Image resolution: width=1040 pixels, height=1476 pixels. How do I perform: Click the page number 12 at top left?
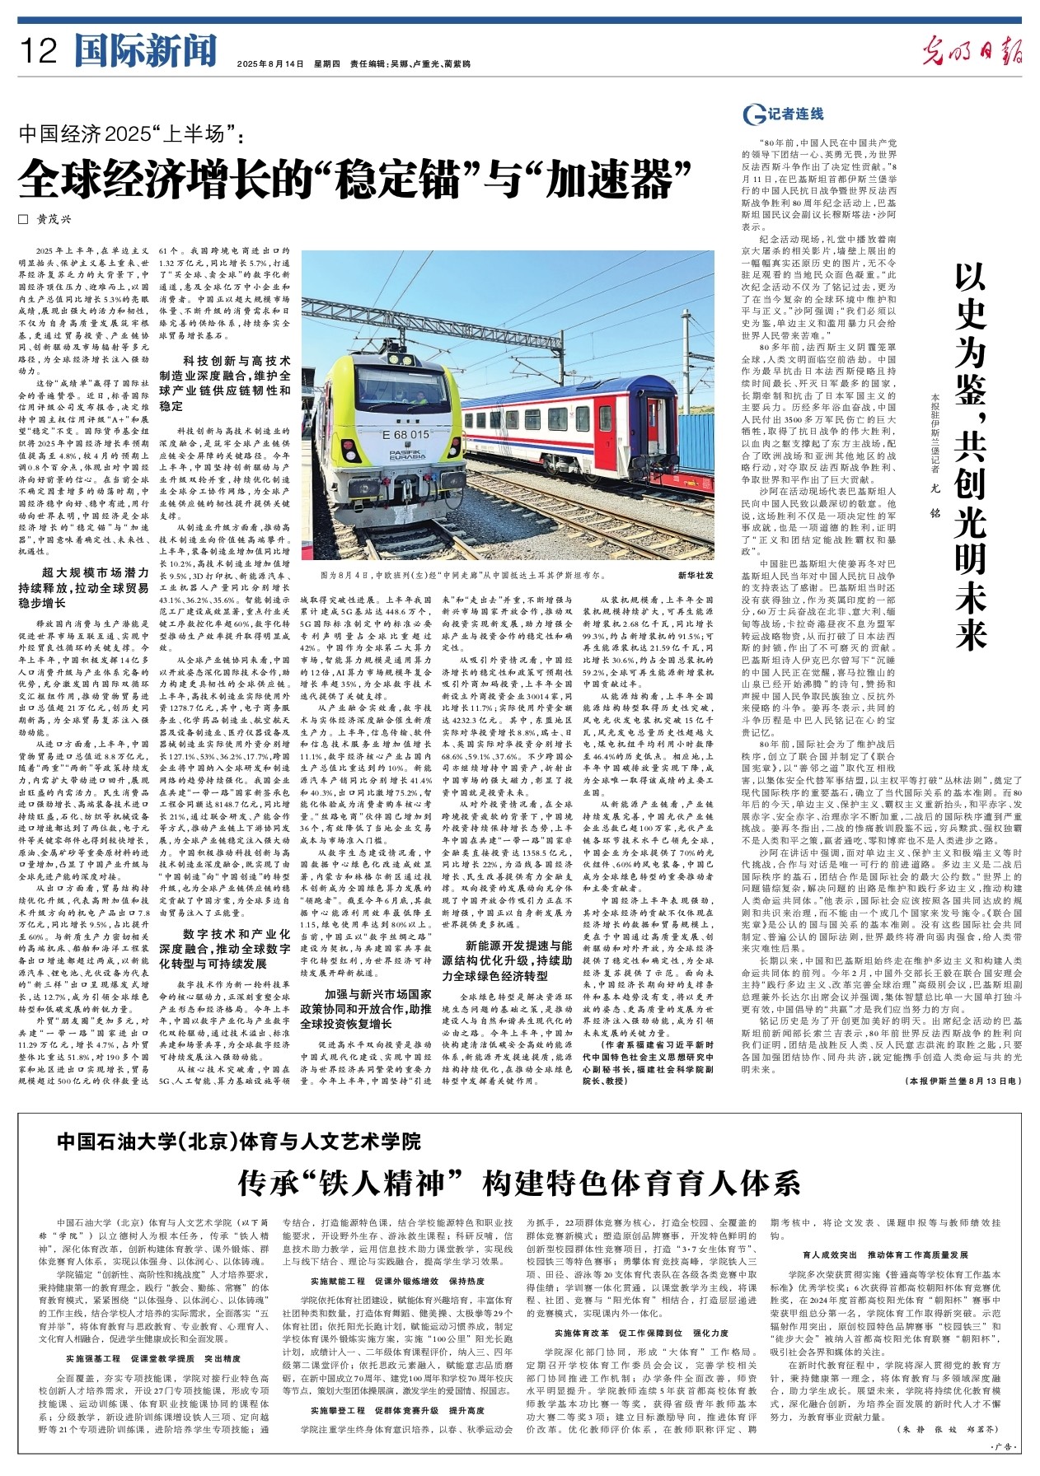[x=40, y=52]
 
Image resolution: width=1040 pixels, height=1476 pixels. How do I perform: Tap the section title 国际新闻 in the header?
[x=145, y=51]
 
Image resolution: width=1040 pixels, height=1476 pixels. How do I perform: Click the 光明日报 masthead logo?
[x=972, y=53]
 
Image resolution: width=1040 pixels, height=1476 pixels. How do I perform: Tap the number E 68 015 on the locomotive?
[x=405, y=434]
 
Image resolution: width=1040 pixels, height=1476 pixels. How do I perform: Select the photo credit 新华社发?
[x=696, y=574]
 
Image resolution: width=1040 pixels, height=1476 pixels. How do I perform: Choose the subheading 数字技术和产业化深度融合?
[x=224, y=948]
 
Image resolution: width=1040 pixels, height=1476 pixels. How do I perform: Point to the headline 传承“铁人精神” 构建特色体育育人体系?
[x=519, y=1184]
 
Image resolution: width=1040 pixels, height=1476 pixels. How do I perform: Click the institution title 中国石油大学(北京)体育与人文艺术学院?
[x=239, y=1141]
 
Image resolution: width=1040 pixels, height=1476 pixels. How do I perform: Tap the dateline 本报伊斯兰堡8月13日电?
[x=963, y=1080]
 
